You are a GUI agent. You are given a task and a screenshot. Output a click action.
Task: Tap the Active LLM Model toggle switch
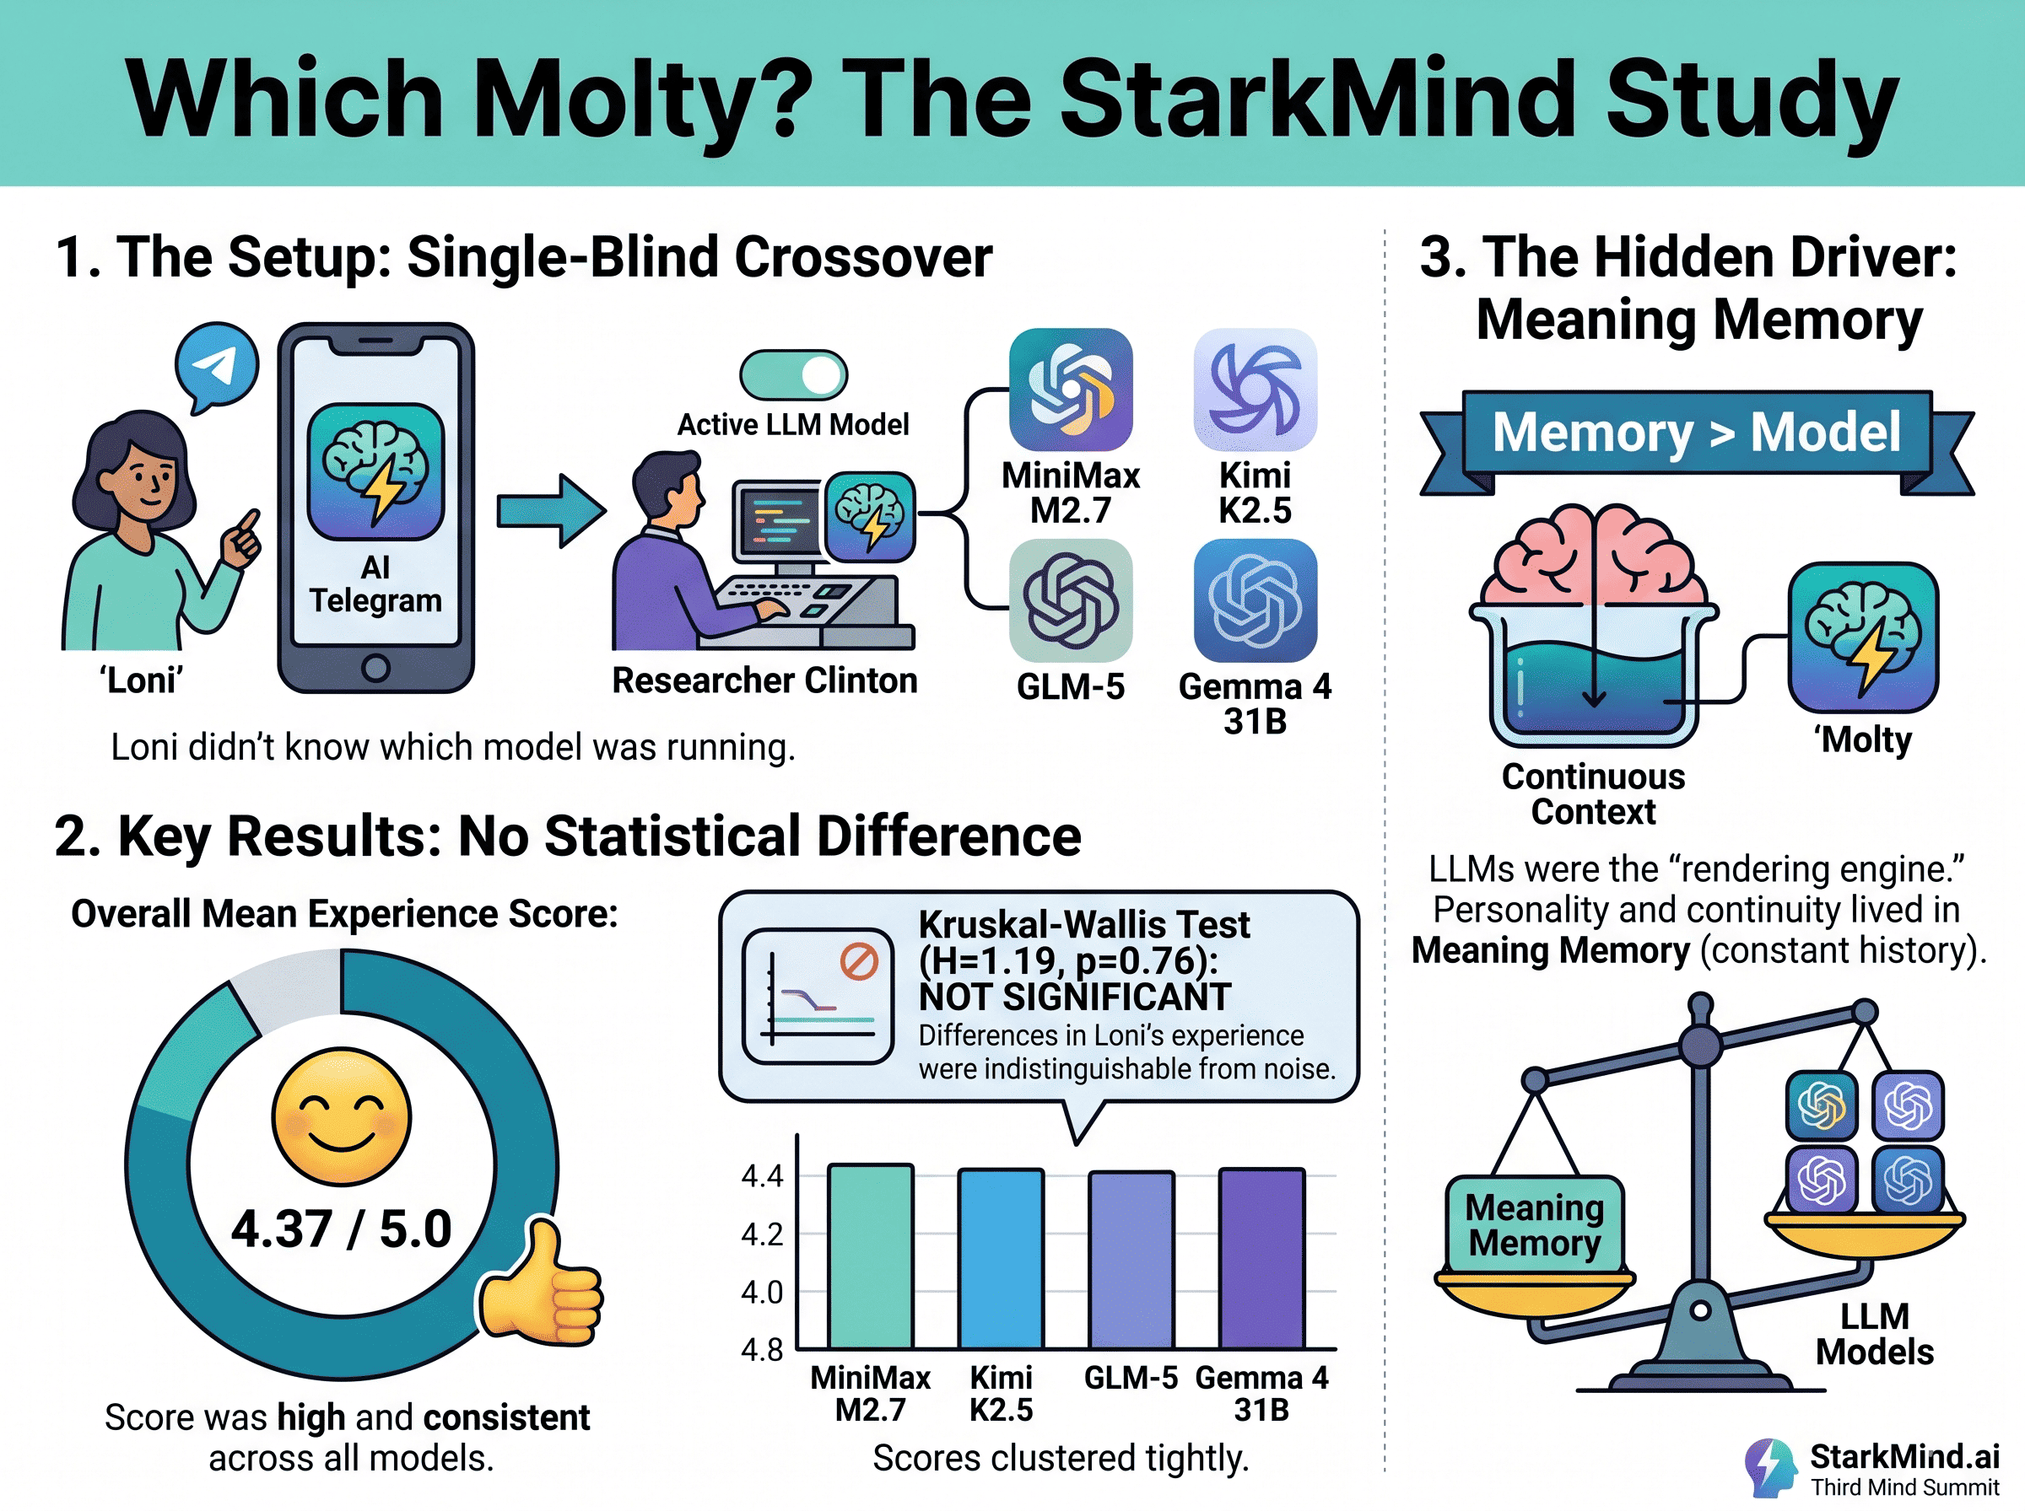pos(793,375)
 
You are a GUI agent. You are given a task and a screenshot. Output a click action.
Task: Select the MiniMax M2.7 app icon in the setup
pos(1071,390)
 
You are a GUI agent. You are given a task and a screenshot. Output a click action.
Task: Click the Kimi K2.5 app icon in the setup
pos(1255,390)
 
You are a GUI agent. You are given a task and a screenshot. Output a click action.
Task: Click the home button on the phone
pos(375,669)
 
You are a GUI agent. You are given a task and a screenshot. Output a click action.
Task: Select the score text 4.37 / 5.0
pos(342,1229)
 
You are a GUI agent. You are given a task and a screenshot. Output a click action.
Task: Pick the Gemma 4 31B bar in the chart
pos(1262,1258)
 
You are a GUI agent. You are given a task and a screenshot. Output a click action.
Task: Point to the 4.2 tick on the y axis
pos(762,1234)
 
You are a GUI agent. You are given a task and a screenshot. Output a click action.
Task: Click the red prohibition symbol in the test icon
pos(859,962)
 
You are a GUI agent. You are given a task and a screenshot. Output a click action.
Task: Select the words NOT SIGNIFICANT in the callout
pos(1074,997)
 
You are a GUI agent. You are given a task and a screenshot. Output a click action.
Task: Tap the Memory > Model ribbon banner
pos(1697,432)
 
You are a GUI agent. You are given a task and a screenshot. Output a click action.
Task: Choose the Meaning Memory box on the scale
pos(1535,1224)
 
